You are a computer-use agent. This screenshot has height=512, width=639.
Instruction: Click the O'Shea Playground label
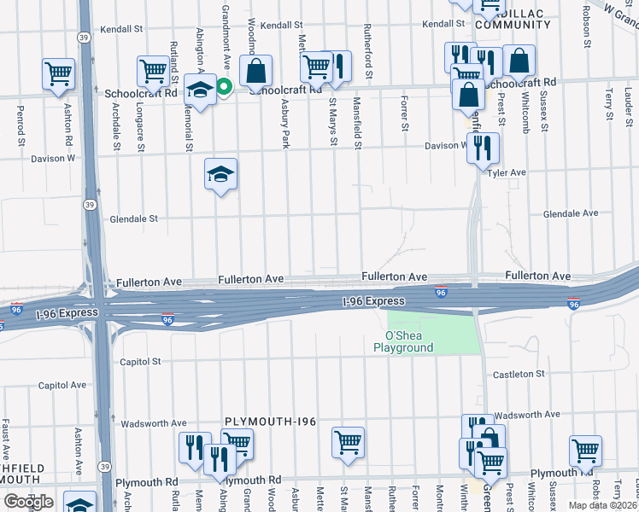pyautogui.click(x=403, y=341)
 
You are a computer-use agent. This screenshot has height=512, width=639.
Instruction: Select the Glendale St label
pyautogui.click(x=134, y=218)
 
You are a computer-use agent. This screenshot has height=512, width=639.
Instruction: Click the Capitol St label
pyautogui.click(x=140, y=362)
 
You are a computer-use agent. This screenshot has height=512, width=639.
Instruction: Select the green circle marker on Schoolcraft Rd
pyautogui.click(x=225, y=86)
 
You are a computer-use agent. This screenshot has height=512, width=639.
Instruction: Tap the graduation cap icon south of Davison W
pyautogui.click(x=220, y=175)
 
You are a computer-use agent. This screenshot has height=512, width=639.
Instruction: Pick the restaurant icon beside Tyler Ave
pyautogui.click(x=483, y=147)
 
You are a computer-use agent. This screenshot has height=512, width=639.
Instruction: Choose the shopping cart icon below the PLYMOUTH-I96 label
pyautogui.click(x=348, y=442)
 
